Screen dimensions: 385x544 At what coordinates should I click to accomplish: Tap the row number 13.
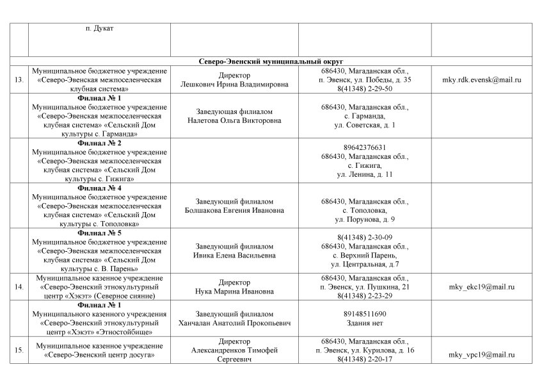(x=19, y=79)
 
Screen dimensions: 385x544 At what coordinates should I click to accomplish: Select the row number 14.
(x=19, y=287)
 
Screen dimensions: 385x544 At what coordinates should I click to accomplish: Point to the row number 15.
(x=19, y=350)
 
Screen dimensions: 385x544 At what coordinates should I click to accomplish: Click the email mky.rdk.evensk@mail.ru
(x=482, y=79)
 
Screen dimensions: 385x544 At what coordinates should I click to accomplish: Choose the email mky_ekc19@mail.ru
(x=482, y=287)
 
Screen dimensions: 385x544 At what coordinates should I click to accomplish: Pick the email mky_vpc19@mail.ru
(x=482, y=355)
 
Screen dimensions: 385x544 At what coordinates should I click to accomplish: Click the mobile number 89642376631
(x=365, y=147)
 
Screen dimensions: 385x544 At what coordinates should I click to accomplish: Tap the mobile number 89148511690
(x=365, y=315)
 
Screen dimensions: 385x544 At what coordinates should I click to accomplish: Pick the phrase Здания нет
(x=365, y=324)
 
